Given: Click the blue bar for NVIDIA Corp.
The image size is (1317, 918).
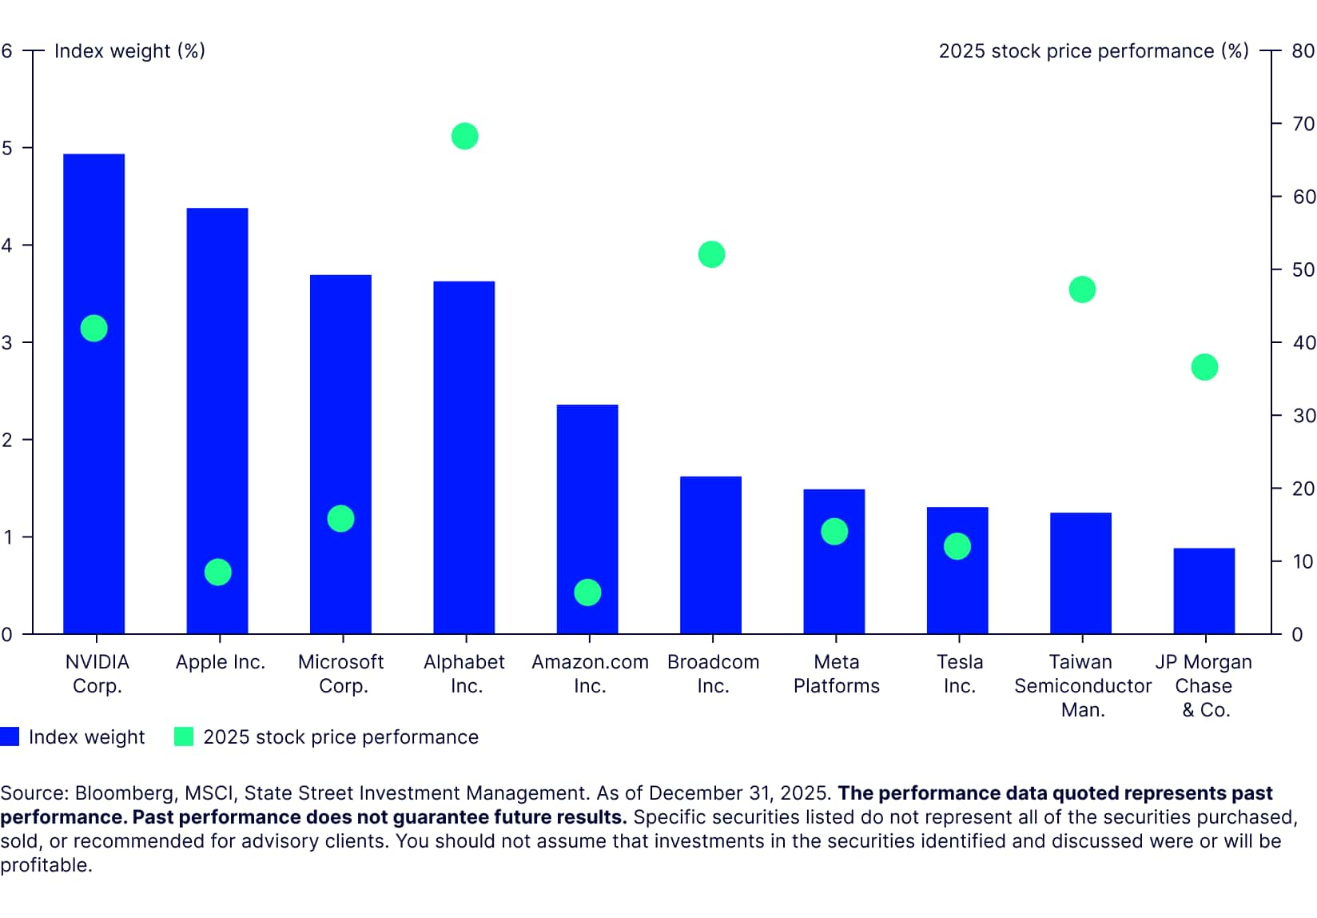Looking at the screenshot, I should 94,480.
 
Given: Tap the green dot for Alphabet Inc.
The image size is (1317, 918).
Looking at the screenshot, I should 464,136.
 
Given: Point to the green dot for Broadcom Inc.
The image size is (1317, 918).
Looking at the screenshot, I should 711,254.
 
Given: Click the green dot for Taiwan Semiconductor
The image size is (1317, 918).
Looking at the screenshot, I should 1081,289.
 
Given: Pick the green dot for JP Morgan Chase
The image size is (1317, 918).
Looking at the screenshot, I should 1204,367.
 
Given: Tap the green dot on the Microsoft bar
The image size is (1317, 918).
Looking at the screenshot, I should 340,518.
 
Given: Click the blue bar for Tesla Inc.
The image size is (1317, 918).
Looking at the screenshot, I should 957,592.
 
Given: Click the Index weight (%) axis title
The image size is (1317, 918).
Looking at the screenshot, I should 129,51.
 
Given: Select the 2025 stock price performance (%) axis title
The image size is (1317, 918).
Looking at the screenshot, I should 1092,51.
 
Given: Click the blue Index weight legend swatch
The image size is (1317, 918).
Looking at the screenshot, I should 10,736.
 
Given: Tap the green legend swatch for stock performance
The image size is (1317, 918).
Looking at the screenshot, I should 184,736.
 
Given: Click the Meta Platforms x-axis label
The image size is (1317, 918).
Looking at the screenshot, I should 836,673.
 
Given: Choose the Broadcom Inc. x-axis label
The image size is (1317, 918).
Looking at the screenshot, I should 713,673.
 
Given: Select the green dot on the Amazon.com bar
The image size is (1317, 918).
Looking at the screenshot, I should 587,593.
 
